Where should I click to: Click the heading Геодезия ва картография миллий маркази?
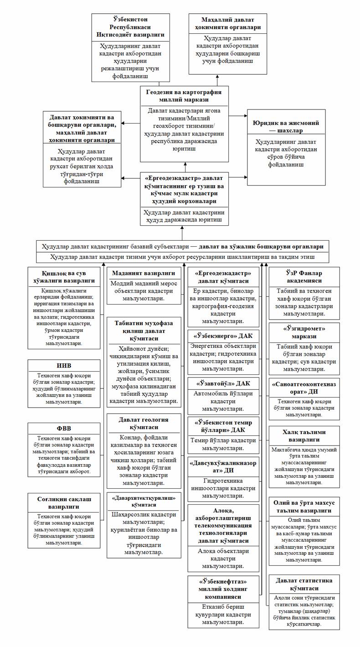pyautogui.click(x=184, y=96)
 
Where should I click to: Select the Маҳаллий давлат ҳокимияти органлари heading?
pyautogui.click(x=228, y=24)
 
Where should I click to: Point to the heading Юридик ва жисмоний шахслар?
pyautogui.click(x=286, y=126)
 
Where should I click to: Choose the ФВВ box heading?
pyautogui.click(x=63, y=428)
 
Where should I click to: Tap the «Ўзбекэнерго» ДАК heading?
pyautogui.click(x=223, y=336)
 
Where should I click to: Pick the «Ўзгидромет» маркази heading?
pyautogui.click(x=304, y=332)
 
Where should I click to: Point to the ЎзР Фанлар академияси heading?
pyautogui.click(x=304, y=277)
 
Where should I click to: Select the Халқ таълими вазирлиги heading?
pyautogui.click(x=304, y=436)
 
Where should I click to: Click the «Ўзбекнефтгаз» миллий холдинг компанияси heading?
pyautogui.click(x=223, y=589)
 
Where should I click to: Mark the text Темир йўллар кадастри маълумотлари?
pyautogui.click(x=223, y=444)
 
